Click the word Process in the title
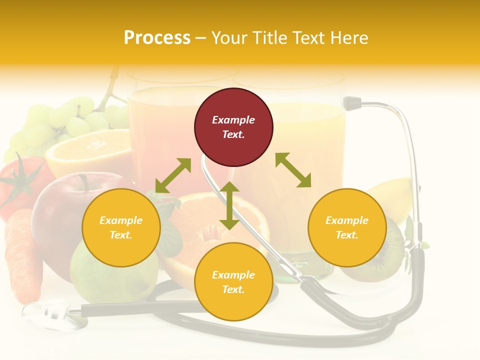157,38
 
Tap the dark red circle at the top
233,127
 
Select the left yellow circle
121,227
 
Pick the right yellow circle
347,227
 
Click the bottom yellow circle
233,282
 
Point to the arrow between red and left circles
173,175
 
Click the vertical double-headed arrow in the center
229,205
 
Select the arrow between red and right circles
293,170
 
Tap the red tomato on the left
20,185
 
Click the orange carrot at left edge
22,255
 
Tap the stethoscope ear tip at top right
353,103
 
